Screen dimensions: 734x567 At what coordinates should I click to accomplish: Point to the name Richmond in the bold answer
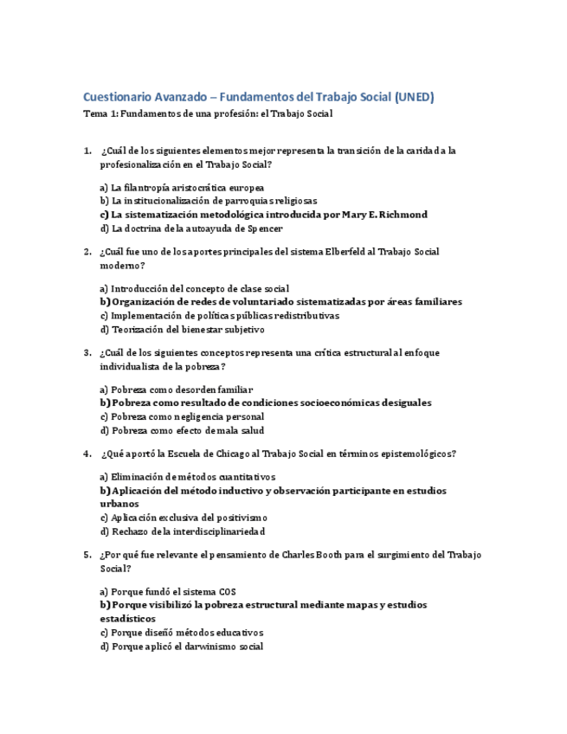coord(400,214)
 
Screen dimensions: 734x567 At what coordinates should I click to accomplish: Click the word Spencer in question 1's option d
coord(263,229)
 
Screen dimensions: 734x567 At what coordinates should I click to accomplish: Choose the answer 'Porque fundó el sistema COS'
coord(167,591)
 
